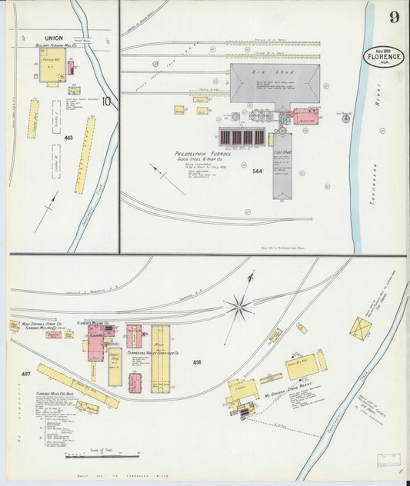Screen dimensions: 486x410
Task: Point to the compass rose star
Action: (238, 308)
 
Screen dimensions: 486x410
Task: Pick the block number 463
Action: (68, 138)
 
